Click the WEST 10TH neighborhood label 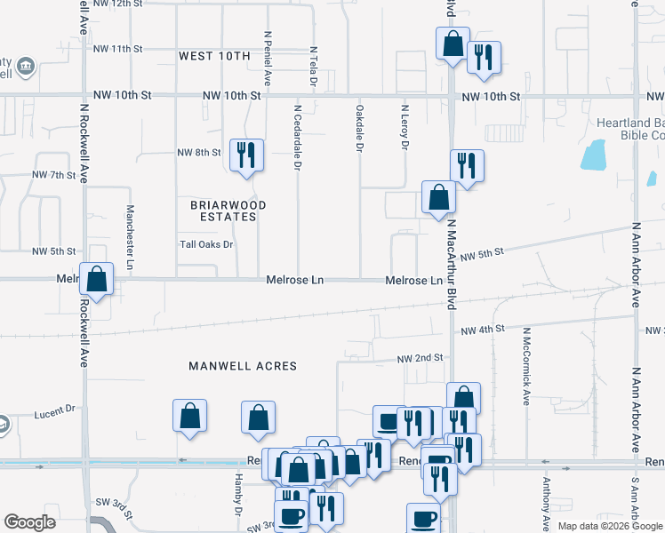pos(214,56)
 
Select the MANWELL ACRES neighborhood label pos(243,366)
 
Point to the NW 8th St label pos(198,153)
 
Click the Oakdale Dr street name pos(360,130)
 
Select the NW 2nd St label pos(420,358)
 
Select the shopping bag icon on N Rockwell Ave pos(96,278)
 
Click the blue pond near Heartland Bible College pos(592,155)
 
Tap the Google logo pos(29,522)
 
